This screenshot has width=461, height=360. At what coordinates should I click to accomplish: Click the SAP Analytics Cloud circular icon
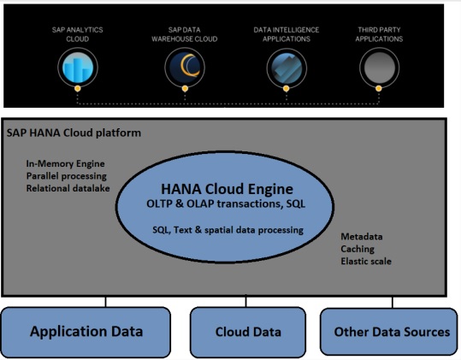click(x=77, y=65)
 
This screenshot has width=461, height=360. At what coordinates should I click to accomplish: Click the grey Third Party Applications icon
click(x=379, y=65)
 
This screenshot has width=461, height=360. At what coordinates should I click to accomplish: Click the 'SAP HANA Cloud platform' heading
click(x=74, y=133)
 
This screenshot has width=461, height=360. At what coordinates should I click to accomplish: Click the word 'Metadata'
click(x=362, y=236)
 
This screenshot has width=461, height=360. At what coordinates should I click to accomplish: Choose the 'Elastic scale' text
click(x=367, y=261)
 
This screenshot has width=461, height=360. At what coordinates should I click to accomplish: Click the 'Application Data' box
click(x=87, y=332)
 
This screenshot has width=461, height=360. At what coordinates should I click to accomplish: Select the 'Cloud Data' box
click(x=247, y=332)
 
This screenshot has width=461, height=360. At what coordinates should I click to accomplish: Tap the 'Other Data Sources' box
click(x=392, y=332)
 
